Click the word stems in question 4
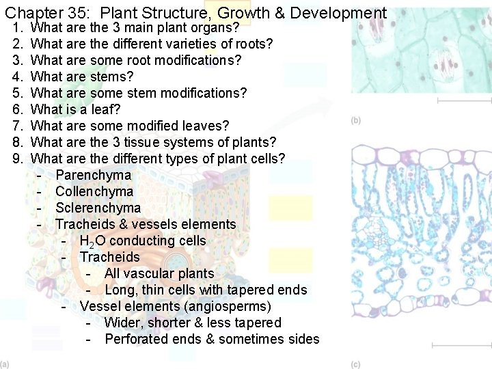(112, 77)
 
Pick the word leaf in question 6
(107, 109)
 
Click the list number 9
(18, 159)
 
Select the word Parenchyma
(93, 175)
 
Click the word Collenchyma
(94, 191)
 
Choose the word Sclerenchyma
(98, 208)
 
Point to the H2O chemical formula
(92, 241)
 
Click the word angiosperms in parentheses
(232, 306)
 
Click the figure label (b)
(356, 120)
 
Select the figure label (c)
(356, 364)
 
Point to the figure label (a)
(5, 364)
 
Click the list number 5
(18, 93)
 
